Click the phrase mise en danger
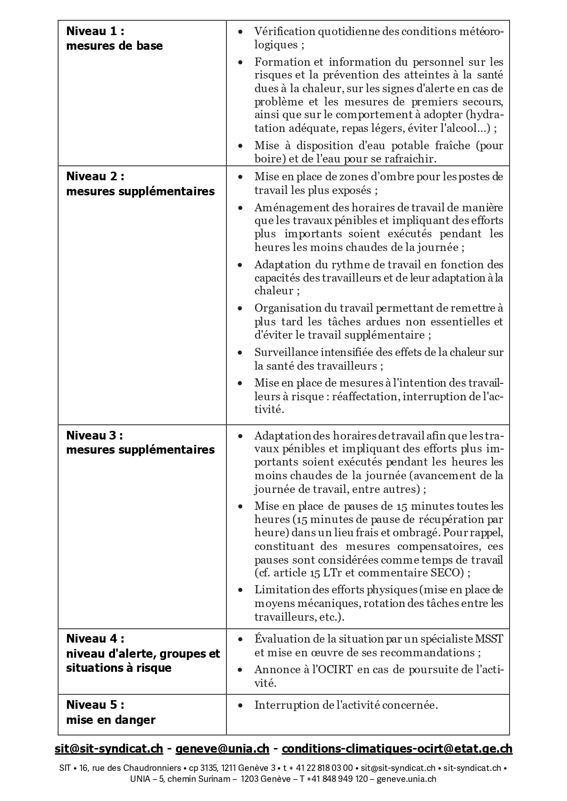click(111, 720)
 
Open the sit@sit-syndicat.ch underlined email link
click(109, 749)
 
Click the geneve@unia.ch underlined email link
click(222, 749)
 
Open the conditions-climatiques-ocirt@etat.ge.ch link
click(397, 749)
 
